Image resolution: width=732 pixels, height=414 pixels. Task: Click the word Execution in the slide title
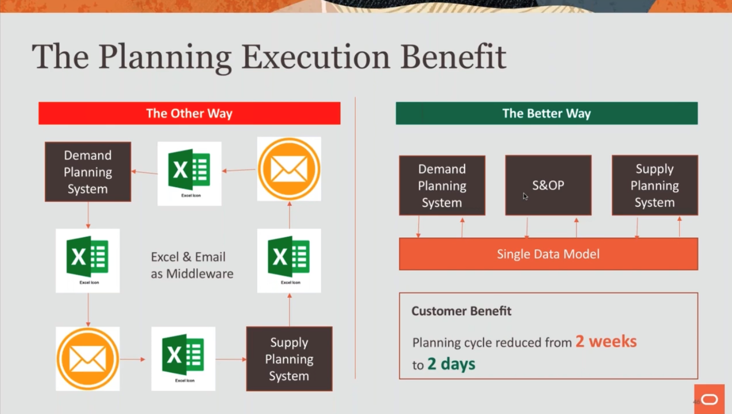click(316, 56)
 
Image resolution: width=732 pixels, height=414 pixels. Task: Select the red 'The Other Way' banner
click(189, 113)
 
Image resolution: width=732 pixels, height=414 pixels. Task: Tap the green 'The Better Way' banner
click(547, 113)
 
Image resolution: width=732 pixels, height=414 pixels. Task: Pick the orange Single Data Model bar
click(548, 254)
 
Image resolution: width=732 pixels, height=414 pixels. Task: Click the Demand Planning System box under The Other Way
click(88, 172)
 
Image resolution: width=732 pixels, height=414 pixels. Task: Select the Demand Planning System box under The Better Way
click(442, 186)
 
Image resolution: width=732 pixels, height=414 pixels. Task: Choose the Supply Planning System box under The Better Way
click(655, 186)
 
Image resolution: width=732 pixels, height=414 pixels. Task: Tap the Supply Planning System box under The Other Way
click(289, 359)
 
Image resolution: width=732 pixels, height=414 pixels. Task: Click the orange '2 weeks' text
click(606, 342)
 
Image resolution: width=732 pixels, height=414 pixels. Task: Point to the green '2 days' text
click(451, 364)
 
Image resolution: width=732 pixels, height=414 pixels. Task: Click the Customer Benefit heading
click(461, 311)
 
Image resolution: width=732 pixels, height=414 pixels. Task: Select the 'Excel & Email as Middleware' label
click(192, 265)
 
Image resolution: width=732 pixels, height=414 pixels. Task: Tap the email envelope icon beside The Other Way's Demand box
click(289, 169)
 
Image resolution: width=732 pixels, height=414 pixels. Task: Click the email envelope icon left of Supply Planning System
click(88, 359)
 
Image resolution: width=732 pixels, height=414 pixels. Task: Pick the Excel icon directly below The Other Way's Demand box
click(88, 261)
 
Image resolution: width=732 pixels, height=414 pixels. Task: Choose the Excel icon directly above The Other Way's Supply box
click(289, 261)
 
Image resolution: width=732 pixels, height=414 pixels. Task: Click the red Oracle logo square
click(709, 399)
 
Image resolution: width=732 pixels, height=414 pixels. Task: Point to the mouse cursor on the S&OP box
click(525, 196)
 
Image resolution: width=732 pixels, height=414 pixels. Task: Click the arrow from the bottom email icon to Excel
click(133, 359)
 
